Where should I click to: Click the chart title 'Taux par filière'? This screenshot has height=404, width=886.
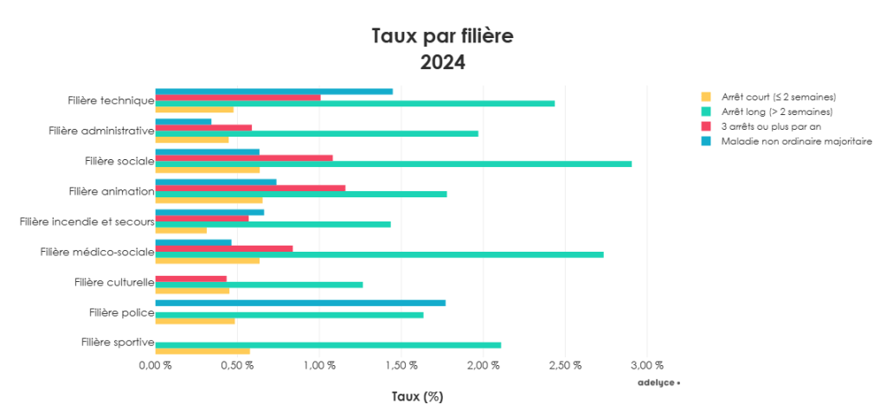tap(442, 36)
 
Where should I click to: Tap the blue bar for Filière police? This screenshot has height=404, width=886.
tap(300, 303)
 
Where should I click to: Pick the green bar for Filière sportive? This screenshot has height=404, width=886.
tap(328, 345)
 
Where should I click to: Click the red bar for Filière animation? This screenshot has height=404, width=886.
tap(250, 188)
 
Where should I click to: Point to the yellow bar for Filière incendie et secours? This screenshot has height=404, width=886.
tap(181, 230)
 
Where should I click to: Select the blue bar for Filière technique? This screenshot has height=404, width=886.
tap(273, 91)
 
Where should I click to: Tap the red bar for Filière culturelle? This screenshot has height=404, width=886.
tap(190, 279)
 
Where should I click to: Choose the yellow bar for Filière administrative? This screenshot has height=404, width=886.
tap(192, 139)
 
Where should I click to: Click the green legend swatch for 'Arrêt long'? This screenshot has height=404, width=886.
tap(706, 112)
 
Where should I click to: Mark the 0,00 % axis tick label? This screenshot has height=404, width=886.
tap(156, 365)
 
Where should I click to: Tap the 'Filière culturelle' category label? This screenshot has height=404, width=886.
tap(113, 282)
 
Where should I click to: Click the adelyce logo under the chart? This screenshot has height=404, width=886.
tap(658, 382)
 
